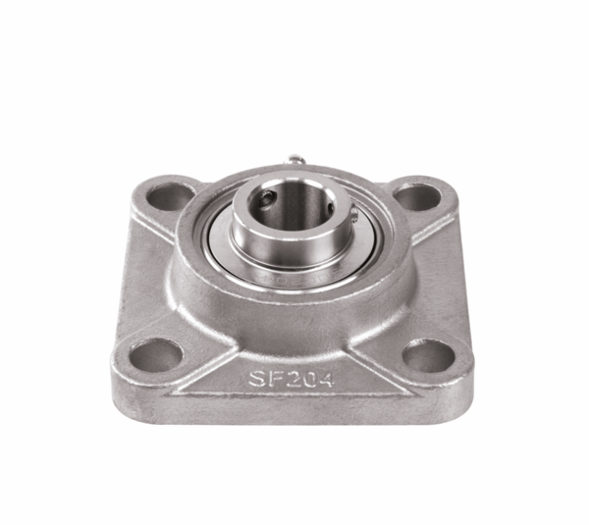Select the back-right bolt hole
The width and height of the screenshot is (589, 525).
(x=419, y=196)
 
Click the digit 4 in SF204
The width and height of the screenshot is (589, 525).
(x=322, y=379)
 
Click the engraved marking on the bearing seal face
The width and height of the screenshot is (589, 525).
(x=293, y=278)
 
